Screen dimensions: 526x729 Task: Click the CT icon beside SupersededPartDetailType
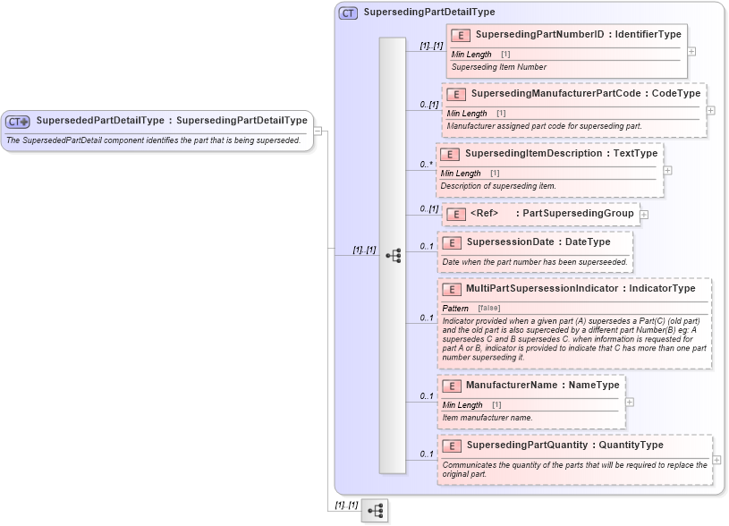point(18,122)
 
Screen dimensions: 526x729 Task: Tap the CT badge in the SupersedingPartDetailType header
point(349,13)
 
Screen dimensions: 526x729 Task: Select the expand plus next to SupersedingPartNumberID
point(691,52)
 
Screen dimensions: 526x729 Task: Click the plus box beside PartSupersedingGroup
point(644,215)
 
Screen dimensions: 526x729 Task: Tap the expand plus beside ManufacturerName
point(630,402)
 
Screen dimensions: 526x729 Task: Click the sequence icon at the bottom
point(376,511)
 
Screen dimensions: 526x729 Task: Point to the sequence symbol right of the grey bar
point(393,256)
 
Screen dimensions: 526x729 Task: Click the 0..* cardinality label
point(428,165)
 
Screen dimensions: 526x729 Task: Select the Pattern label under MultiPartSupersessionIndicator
point(455,308)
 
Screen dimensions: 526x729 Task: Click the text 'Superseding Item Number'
point(498,67)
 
